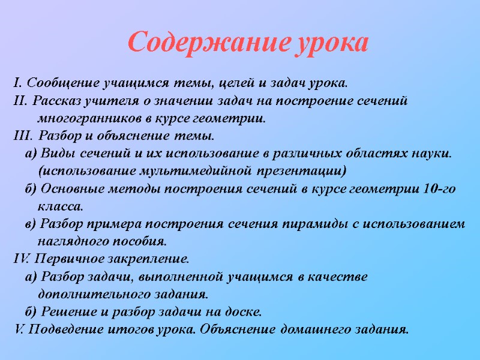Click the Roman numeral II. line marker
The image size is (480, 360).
[20, 99]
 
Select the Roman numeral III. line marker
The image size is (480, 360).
[22, 134]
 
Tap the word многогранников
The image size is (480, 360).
[85, 117]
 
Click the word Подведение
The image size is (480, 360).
[61, 330]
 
